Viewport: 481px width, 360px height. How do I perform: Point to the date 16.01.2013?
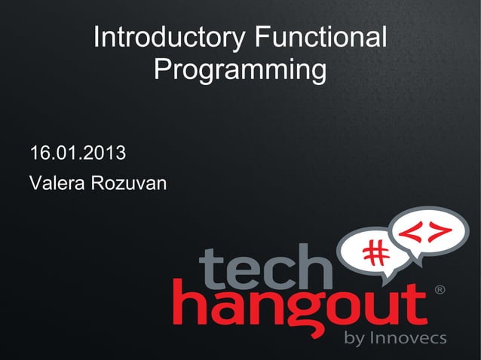77,155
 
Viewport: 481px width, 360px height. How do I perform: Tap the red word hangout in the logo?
302,305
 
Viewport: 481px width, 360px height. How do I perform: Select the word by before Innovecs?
354,339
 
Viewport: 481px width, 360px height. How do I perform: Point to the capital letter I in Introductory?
97,38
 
